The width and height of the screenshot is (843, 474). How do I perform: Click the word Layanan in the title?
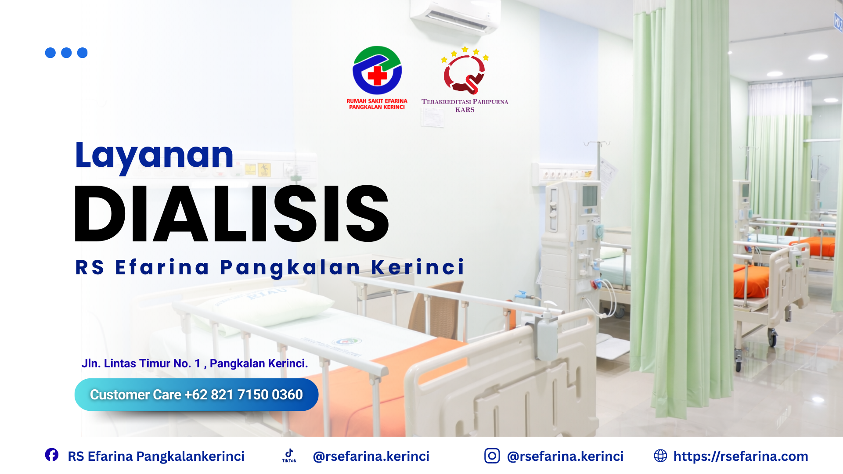(x=154, y=156)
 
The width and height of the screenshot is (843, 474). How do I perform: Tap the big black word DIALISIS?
(x=232, y=214)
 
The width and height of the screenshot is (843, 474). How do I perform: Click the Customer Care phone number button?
(x=196, y=395)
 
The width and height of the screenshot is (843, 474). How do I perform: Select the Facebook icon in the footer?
(x=52, y=455)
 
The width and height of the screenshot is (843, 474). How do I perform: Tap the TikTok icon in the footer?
(x=289, y=456)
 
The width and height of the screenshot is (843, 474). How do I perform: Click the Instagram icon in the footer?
(x=492, y=456)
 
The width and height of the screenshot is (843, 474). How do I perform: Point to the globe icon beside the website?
(x=660, y=456)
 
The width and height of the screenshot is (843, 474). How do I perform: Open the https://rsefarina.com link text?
(x=741, y=456)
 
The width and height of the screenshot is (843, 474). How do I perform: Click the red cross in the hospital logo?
(x=377, y=75)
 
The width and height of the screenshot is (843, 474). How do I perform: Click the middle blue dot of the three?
(x=66, y=53)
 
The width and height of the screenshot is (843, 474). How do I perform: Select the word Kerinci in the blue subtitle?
(x=418, y=267)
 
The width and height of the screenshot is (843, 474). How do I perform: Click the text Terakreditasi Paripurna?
(x=465, y=102)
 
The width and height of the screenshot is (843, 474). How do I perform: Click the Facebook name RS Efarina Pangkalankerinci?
(x=156, y=456)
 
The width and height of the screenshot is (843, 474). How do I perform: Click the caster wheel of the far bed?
(x=772, y=337)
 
